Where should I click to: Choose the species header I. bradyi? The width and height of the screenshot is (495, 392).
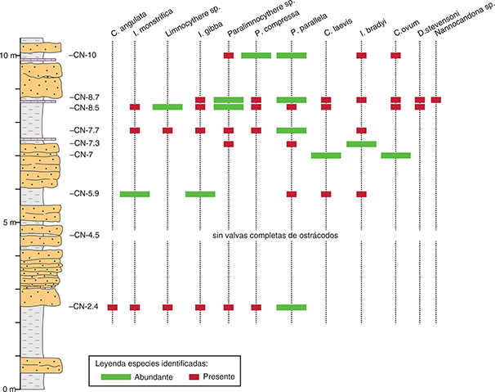coord(373,28)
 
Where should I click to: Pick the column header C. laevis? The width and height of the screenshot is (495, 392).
coord(338,27)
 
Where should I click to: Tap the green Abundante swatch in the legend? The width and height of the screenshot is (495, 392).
coord(116,376)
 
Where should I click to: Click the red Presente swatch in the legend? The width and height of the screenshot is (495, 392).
coord(194,376)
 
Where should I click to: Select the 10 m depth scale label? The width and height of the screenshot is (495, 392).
coord(7,56)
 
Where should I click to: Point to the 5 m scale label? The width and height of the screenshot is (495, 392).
coord(10,223)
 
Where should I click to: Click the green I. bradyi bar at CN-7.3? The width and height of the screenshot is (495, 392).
coord(362,144)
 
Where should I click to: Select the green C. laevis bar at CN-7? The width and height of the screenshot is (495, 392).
coord(326,155)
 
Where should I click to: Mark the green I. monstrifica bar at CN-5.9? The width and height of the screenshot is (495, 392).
coord(135,194)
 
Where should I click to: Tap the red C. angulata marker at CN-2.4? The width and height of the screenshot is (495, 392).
coord(113,307)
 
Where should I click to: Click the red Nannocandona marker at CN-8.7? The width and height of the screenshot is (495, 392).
coord(436,100)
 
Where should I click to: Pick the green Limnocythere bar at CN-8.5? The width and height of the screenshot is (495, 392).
coord(167,107)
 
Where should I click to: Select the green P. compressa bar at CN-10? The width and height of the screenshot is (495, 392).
coord(256,56)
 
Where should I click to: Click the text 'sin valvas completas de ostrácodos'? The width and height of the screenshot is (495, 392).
coord(275,236)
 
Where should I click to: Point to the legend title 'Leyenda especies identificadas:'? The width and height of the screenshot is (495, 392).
coord(152,363)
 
